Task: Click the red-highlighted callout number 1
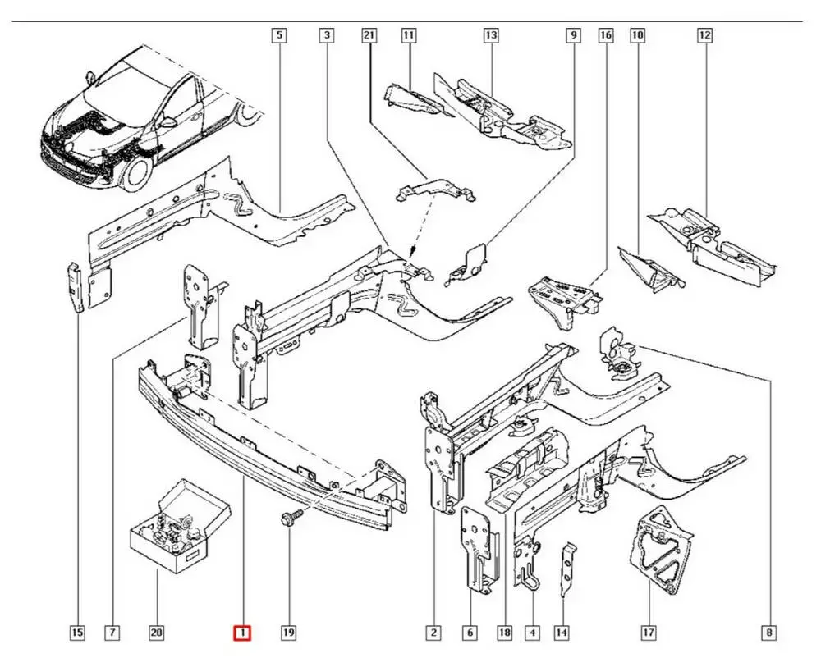243,633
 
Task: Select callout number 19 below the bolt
288,633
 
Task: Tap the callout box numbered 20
156,633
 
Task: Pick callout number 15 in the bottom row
76,633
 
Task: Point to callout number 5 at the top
279,35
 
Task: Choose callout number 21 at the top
368,35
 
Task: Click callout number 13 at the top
491,35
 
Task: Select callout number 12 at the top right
704,35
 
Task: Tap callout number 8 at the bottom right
769,633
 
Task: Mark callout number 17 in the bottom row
649,633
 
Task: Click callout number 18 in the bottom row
504,633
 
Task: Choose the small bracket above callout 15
74,287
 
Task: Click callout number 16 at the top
605,35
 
